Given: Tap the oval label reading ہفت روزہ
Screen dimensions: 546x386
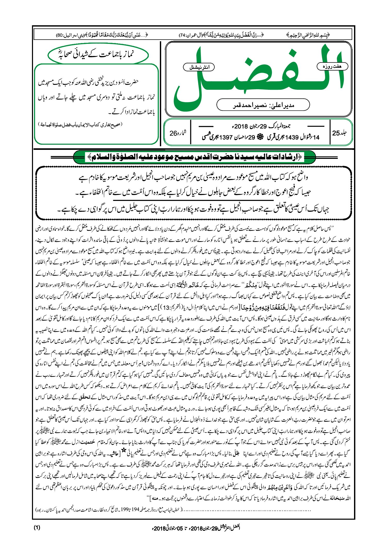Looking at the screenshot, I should pos(332,66).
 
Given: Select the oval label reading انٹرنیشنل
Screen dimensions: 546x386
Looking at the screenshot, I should pos(199,67).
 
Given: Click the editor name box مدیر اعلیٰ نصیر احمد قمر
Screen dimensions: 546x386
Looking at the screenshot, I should pos(263,105).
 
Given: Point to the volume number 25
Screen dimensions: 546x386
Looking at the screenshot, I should pos(336,133).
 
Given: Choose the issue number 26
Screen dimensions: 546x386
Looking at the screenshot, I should pos(173,133).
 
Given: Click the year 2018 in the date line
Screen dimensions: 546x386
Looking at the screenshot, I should pos(241,126).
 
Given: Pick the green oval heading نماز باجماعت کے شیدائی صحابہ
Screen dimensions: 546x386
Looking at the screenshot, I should pos(98,54).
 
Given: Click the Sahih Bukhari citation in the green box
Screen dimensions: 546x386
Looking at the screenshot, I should pos(80,124).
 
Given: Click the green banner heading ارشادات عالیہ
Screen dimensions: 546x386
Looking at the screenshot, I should pos(194,157).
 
